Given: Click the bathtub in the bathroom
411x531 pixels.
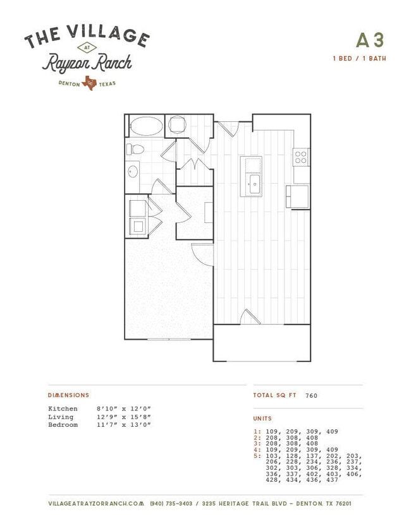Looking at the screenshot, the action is pos(147,126).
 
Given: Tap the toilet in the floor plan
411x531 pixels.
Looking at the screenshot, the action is pos(135,149).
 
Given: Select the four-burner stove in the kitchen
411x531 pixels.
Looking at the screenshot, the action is pos(301,157).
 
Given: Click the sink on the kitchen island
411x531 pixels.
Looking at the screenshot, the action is pos(254,184).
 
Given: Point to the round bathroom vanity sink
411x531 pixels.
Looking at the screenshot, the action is pos(133,171).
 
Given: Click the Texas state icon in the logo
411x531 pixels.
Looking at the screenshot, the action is pos(90,83).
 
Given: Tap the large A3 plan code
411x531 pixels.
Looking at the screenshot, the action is pos(370,40).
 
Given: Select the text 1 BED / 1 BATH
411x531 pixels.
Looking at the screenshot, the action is pos(359,58).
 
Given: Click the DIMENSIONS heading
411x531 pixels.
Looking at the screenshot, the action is pos(68,395).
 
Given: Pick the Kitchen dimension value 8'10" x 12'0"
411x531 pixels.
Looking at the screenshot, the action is pos(123,409).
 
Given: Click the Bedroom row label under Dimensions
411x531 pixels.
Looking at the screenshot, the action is pos(63,425).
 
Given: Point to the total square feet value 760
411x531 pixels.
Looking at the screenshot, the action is pos(311,395).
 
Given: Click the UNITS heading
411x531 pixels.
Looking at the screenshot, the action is pos(262,419).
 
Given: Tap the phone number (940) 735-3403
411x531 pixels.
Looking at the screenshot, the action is pos(171,504).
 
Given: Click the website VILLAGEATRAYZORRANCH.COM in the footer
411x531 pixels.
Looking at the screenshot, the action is pos(96,504).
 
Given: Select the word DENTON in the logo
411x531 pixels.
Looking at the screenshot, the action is pos(69,83).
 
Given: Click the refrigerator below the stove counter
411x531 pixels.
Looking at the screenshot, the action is pos(297,196).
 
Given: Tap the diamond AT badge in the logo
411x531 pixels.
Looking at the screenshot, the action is pos(87,48).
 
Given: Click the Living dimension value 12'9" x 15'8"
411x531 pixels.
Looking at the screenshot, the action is pos(123,417).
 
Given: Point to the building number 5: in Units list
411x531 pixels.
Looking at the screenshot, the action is pos(257,456).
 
